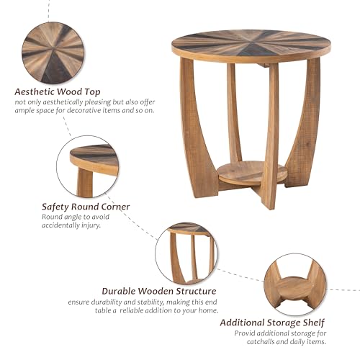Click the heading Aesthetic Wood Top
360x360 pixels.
coord(57,91)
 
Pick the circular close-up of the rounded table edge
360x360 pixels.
coord(88,166)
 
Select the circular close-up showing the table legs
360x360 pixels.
coord(186,253)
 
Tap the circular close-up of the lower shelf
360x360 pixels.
coord(294,283)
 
